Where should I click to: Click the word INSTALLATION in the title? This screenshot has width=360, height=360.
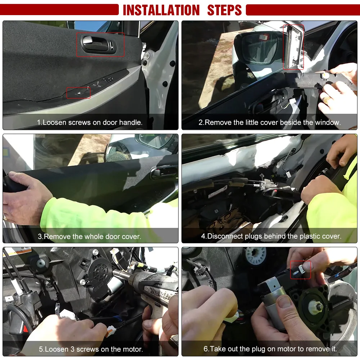(x=161, y=10)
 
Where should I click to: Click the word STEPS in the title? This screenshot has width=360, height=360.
(x=224, y=10)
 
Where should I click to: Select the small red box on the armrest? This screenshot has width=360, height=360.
(x=78, y=93)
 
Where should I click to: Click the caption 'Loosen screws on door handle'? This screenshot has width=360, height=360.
(x=90, y=122)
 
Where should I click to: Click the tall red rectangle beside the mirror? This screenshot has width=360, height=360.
(x=293, y=47)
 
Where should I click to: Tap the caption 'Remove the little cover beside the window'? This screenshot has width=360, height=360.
(x=270, y=122)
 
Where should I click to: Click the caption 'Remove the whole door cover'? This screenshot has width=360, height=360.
(x=89, y=237)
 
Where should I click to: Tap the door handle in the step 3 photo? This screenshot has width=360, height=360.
(x=163, y=172)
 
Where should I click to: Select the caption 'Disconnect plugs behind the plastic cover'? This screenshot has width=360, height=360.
(x=271, y=236)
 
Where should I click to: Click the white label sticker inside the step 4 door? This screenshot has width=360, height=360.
(x=218, y=192)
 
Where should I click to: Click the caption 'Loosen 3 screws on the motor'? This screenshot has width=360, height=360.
(x=91, y=349)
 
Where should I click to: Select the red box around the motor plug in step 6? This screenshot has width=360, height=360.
(x=300, y=270)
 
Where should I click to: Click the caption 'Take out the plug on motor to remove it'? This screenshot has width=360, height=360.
(x=270, y=349)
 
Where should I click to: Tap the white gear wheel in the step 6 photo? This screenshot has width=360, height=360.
(x=256, y=255)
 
